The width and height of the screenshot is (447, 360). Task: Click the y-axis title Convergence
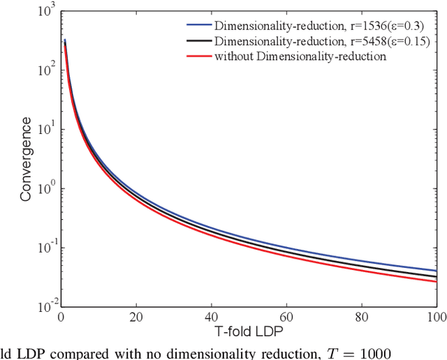pyautogui.click(x=25, y=159)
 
